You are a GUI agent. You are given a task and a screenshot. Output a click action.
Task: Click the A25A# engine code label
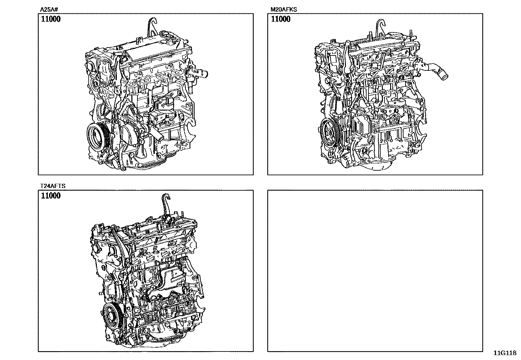tap(49, 9)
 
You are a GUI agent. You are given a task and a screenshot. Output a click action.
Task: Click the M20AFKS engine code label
tap(283, 9)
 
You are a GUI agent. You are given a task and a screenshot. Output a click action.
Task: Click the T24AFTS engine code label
tap(53, 186)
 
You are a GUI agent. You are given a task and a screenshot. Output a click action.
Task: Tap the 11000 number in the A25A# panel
tap(51, 19)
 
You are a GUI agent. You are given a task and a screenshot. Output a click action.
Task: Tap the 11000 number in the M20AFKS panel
tap(280, 19)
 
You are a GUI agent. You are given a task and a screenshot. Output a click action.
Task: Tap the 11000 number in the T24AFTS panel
tap(51, 196)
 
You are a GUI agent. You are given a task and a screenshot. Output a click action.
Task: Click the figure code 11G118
tap(505, 353)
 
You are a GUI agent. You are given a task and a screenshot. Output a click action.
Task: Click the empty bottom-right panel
tap(375, 271)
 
